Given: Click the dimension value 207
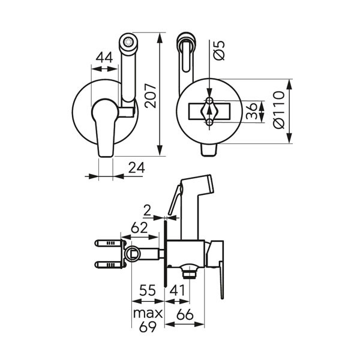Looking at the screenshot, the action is (x=151, y=96).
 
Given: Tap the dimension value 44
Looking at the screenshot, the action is (x=104, y=57).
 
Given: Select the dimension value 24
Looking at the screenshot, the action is (x=137, y=167).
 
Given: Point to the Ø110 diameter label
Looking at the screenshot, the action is (x=279, y=110).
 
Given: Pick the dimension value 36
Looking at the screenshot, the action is (x=251, y=111).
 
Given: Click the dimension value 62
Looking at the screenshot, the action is (x=139, y=228).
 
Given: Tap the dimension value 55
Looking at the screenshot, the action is (x=148, y=290).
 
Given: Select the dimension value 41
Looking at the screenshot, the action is (x=177, y=290).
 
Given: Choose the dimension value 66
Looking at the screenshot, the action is (x=185, y=314).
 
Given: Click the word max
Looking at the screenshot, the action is (x=148, y=313).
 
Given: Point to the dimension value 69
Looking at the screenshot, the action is (x=148, y=326).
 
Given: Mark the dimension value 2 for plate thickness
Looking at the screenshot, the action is (x=147, y=211).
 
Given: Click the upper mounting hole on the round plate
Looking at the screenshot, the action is (x=209, y=101).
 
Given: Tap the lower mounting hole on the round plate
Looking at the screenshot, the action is (x=209, y=122).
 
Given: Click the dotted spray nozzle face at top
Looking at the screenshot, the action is (x=128, y=42).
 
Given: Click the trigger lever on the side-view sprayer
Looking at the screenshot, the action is (x=175, y=200).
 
